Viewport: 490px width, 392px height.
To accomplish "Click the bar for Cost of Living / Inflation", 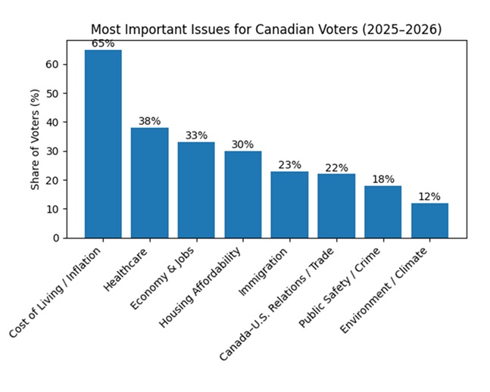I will [x=103, y=144].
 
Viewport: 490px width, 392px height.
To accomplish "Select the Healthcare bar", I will [x=149, y=182].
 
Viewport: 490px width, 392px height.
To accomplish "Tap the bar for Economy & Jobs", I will [x=196, y=190].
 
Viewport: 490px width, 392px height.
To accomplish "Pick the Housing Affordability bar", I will [x=242, y=194].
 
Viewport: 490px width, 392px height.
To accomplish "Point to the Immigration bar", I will [x=289, y=204].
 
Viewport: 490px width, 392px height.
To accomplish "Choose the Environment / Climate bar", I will [x=429, y=220].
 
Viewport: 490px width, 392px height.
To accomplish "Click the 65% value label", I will [x=103, y=44].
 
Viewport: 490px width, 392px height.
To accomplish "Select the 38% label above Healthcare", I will [x=149, y=121].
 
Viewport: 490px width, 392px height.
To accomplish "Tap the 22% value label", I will [x=336, y=167].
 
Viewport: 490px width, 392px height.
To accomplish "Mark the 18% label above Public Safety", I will [x=383, y=179].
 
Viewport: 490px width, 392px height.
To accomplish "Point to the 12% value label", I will [x=429, y=196].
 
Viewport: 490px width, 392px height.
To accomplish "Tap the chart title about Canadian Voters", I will [x=266, y=30].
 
